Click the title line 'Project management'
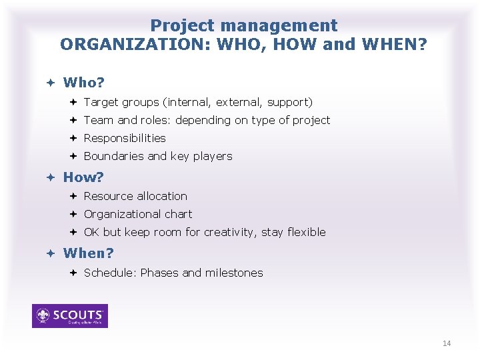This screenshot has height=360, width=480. (x=243, y=26)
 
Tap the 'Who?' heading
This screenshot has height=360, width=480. (x=84, y=83)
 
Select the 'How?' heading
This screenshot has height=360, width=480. (x=83, y=177)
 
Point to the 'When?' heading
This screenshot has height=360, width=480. (x=88, y=253)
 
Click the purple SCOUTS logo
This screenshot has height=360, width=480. (x=70, y=316)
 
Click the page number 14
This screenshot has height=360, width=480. (x=447, y=343)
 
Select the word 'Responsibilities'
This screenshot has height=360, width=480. (x=125, y=138)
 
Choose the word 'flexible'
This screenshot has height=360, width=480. (x=307, y=232)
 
